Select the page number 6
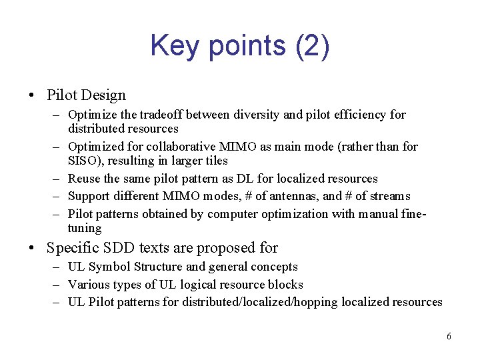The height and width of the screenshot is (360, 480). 449,337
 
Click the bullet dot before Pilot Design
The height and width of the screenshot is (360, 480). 32,96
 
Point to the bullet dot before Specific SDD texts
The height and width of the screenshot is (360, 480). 32,249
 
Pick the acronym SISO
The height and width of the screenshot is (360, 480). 82,161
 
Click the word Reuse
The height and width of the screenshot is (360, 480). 84,179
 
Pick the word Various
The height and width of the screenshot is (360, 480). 88,285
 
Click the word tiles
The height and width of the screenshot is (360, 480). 215,161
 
